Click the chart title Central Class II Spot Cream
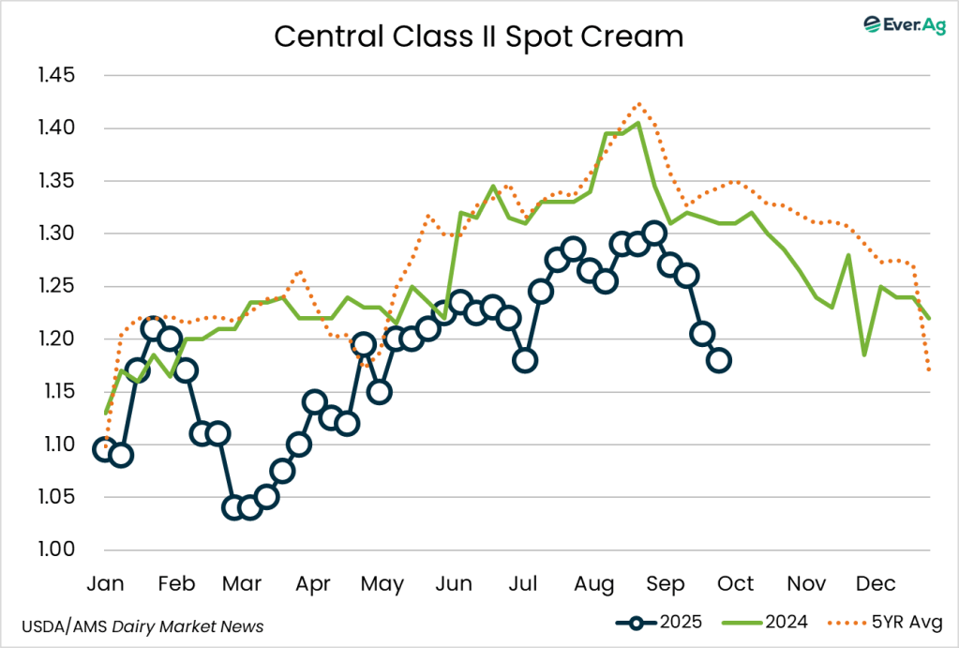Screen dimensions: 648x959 pyautogui.click(x=478, y=37)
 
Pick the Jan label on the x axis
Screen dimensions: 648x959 pyautogui.click(x=105, y=584)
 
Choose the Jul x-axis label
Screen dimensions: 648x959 pyautogui.click(x=523, y=584)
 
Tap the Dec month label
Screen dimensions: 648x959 pyautogui.click(x=876, y=584)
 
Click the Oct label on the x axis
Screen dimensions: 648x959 pyautogui.click(x=736, y=584)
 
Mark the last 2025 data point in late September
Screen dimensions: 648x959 pyautogui.click(x=719, y=360)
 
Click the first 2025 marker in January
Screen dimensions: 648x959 pyautogui.click(x=105, y=449)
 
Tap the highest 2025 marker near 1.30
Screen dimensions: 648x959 pyautogui.click(x=655, y=234)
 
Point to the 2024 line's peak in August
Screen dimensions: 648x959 pyautogui.click(x=638, y=123)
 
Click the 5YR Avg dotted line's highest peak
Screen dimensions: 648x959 pyautogui.click(x=638, y=103)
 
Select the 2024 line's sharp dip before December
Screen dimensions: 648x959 pyautogui.click(x=863, y=354)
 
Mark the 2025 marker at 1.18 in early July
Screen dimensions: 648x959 pyautogui.click(x=525, y=360)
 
